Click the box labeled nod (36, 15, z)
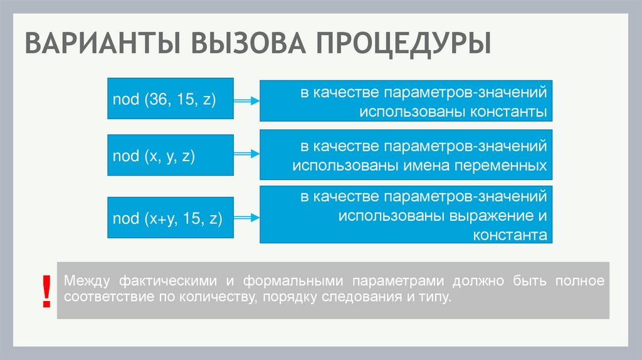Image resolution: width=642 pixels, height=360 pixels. point(171,99)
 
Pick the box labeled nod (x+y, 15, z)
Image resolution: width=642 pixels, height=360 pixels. point(171,218)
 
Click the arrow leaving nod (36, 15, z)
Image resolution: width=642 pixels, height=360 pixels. point(246,99)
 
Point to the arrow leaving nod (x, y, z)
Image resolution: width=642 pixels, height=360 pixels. point(246,153)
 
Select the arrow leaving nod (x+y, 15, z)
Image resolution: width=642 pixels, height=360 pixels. point(246,218)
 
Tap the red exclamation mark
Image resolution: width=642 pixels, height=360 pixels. point(46,291)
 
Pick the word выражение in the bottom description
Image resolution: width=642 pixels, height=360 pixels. point(490,216)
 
